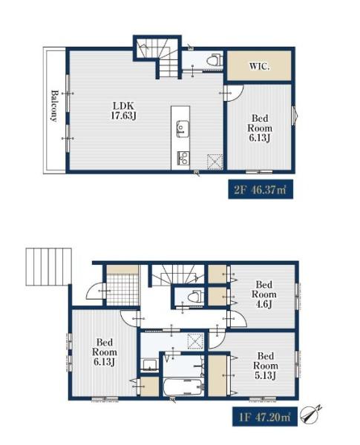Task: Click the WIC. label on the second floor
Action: (259, 67)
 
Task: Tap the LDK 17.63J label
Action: (124, 111)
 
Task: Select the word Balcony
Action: (54, 105)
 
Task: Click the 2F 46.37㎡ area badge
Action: (261, 189)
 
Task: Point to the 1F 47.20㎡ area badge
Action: (264, 417)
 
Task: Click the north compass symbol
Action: (311, 415)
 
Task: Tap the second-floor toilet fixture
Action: (214, 61)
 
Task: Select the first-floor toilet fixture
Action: (196, 296)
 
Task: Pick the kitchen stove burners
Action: (183, 159)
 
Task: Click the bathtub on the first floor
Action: (183, 386)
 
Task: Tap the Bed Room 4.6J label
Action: (264, 294)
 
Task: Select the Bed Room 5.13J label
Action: (265, 366)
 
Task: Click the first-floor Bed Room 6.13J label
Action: (105, 352)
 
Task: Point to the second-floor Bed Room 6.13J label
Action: (259, 128)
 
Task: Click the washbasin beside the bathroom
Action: (149, 365)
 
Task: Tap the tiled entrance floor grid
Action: (122, 289)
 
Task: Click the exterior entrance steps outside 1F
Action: (48, 266)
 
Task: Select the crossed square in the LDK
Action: (215, 162)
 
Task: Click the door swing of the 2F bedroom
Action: (235, 93)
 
